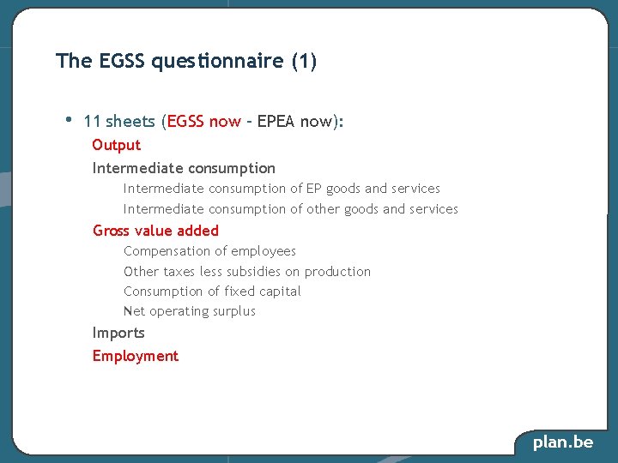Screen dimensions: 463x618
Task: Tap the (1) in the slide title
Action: coord(305,61)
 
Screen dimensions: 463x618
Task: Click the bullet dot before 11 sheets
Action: coord(69,118)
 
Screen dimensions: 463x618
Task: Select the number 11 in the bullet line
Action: coord(93,122)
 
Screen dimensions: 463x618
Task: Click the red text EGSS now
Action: coord(204,122)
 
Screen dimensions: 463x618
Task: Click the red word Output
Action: coord(116,145)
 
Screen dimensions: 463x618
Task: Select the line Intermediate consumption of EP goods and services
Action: coord(282,189)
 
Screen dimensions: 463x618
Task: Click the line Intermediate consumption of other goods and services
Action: coord(290,209)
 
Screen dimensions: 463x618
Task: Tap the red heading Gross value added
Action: coord(155,231)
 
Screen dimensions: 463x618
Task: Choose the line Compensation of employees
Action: coord(209,251)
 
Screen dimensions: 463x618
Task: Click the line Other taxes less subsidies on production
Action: coord(247,272)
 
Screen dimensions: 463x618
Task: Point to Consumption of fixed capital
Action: coord(212,292)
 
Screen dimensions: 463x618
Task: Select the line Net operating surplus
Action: coord(190,311)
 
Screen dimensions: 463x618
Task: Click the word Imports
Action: coord(118,333)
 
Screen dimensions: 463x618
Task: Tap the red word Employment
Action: coord(136,356)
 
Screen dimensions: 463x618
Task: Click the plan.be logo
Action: coord(562,442)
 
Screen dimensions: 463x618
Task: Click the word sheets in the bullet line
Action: coord(130,122)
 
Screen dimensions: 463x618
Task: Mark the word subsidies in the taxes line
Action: coord(255,272)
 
